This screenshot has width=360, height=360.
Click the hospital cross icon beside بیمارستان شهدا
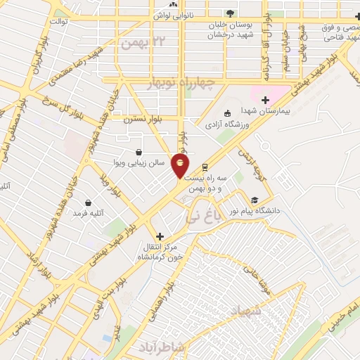click(x=265, y=99)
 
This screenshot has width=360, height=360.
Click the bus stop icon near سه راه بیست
click(x=205, y=167)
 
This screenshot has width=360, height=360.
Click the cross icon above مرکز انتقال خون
click(x=160, y=236)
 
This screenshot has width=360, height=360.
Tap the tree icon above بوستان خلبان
click(x=230, y=13)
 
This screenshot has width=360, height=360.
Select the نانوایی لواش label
click(x=172, y=14)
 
